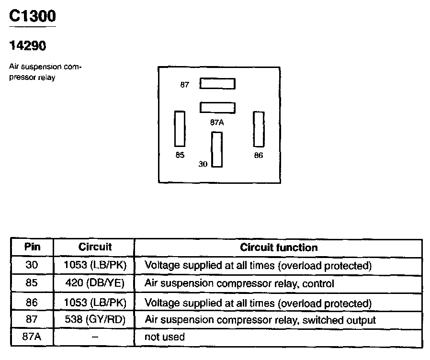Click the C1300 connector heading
(33, 16)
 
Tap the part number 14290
(28, 46)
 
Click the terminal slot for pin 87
(217, 84)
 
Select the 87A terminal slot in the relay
(217, 107)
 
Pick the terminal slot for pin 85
(180, 128)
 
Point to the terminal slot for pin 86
(259, 129)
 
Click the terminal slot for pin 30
(217, 149)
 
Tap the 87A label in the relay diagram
(217, 122)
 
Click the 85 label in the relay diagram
(180, 155)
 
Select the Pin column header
(32, 247)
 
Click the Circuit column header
(95, 247)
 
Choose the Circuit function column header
(278, 247)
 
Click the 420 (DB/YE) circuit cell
(95, 283)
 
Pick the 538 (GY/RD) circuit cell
(95, 320)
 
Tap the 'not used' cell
(164, 337)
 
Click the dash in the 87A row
(95, 337)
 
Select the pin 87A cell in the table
(32, 337)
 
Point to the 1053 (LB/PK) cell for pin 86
(95, 303)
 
